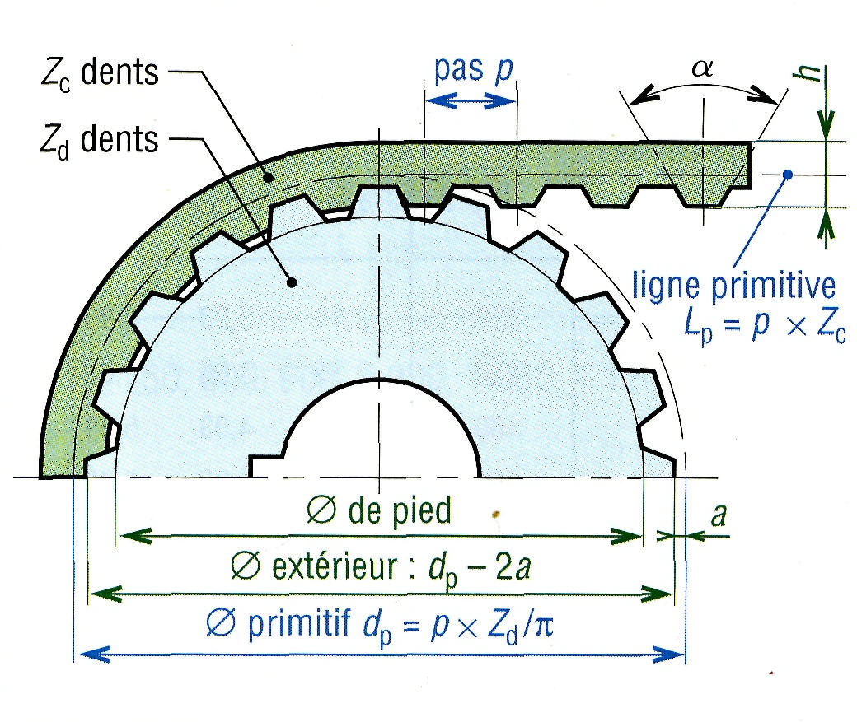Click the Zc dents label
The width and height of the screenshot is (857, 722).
point(98,73)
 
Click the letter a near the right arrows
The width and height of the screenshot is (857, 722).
point(719,515)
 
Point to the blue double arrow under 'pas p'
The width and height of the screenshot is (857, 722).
point(470,100)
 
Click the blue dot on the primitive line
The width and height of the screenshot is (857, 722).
point(789,175)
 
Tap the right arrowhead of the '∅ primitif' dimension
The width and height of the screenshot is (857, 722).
point(677,656)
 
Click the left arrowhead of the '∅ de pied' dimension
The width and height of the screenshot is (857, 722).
point(125,537)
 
